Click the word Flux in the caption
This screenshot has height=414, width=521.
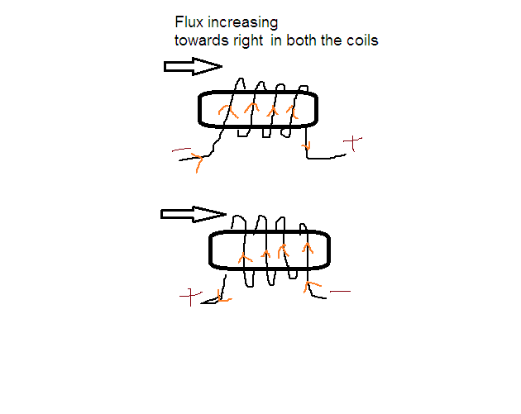tap(187, 23)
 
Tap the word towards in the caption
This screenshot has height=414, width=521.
tap(198, 40)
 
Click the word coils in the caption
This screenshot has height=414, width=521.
tap(361, 40)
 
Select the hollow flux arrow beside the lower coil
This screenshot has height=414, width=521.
tap(193, 214)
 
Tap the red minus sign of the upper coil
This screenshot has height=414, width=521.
tap(182, 151)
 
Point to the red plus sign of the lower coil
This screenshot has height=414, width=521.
tap(192, 295)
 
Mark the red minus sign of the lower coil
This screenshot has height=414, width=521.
tap(340, 291)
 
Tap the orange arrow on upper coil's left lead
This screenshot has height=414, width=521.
tap(197, 161)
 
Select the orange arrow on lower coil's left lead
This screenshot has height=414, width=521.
tap(222, 294)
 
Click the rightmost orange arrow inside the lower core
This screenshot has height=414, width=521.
tap(308, 246)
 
